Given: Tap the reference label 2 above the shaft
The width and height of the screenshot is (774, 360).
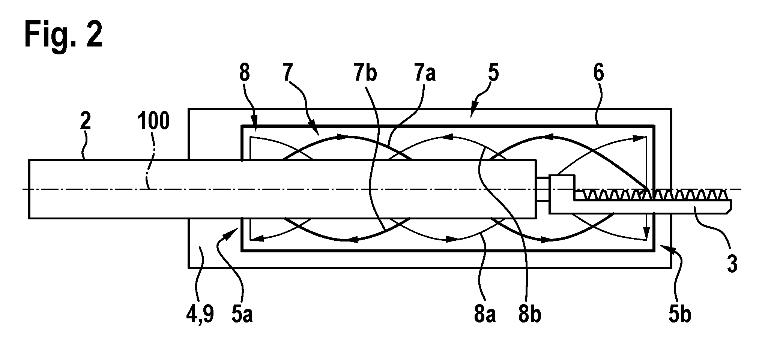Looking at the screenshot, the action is coord(86,122).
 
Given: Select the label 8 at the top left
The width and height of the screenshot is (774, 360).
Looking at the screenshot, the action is coord(245,73).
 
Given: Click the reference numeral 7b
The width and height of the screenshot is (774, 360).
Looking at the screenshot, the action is coord(366,73).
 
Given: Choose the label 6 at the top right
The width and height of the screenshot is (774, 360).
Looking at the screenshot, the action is coord(599,73).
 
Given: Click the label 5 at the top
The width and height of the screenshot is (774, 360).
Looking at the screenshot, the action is coord(494,73).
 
